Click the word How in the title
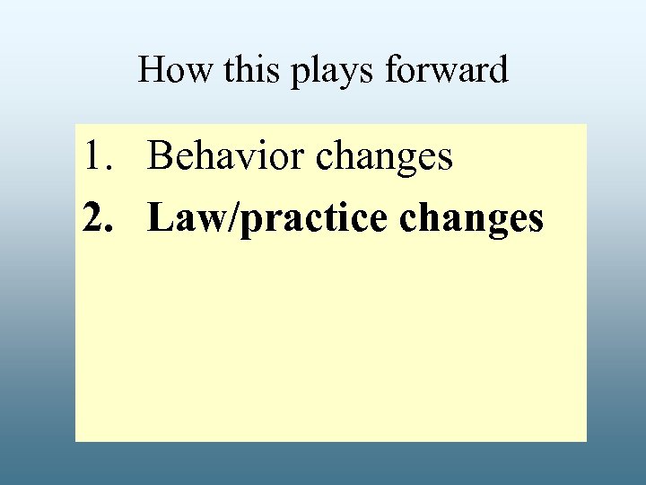point(173,70)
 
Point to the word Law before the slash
point(184,218)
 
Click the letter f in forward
point(392,70)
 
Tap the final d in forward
point(499,70)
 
